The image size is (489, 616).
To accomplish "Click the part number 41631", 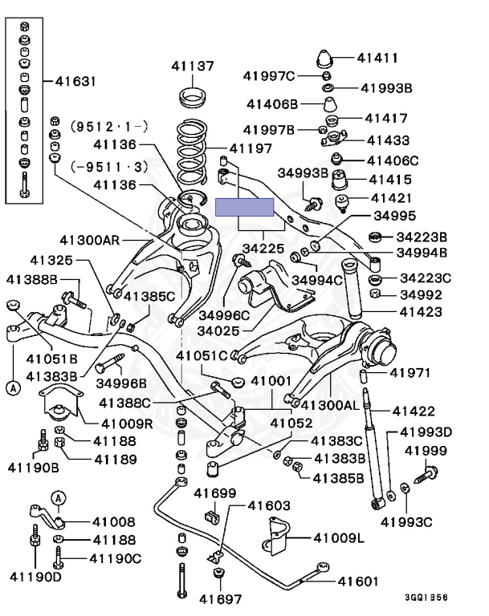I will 75,81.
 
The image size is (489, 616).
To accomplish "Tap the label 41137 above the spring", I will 192,66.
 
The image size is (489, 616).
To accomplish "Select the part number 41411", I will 377,57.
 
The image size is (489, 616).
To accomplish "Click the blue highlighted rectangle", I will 245,207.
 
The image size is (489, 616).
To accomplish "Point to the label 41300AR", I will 89,239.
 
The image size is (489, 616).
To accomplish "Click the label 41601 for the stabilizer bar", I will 357,581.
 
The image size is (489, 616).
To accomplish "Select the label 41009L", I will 338,537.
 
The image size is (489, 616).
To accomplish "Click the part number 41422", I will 412,411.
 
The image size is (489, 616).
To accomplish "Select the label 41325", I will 51,260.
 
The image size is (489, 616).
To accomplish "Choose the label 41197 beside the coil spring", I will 251,148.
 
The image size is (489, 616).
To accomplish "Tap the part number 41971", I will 411,372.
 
